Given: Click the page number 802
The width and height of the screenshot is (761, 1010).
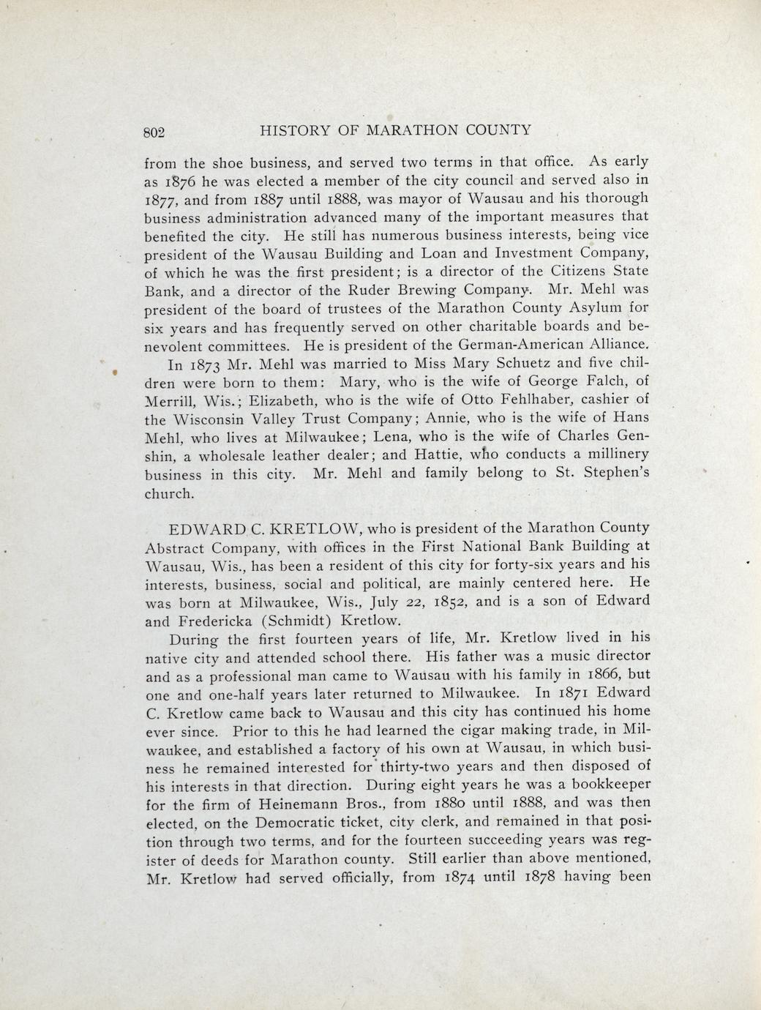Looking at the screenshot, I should coord(154,132).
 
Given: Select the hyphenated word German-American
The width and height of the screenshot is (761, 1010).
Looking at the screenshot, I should coord(521,344).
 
